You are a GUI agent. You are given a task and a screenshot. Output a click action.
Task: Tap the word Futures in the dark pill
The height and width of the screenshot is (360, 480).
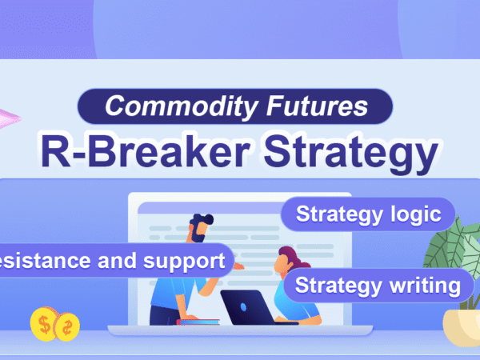click(317, 106)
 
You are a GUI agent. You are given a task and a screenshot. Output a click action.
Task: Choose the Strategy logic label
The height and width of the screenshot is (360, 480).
click(368, 214)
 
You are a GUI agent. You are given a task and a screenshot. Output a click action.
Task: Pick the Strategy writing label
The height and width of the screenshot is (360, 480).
click(378, 286)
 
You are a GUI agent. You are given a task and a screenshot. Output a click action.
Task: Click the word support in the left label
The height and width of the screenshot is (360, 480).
click(184, 262)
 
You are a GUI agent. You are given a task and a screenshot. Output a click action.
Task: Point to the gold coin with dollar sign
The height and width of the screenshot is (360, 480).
click(44, 325)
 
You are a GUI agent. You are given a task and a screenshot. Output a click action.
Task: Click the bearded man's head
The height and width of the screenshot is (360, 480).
click(200, 228)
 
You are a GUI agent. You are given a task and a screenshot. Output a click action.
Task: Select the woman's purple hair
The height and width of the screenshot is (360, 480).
click(293, 258)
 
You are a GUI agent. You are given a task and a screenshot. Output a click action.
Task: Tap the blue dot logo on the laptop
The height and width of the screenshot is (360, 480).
click(243, 307)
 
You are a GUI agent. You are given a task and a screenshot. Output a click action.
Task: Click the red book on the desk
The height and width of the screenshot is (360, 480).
click(198, 322)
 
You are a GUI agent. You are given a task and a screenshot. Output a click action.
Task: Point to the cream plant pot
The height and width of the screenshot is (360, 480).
click(462, 327)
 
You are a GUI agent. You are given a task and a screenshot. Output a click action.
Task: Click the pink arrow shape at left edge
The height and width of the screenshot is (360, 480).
click(9, 118)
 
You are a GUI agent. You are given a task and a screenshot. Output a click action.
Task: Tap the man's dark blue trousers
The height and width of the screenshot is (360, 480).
click(165, 316)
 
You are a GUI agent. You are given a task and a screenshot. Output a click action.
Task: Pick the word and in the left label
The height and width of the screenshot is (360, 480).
click(117, 261)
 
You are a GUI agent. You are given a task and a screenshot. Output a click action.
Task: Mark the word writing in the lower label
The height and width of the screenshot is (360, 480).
click(425, 286)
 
